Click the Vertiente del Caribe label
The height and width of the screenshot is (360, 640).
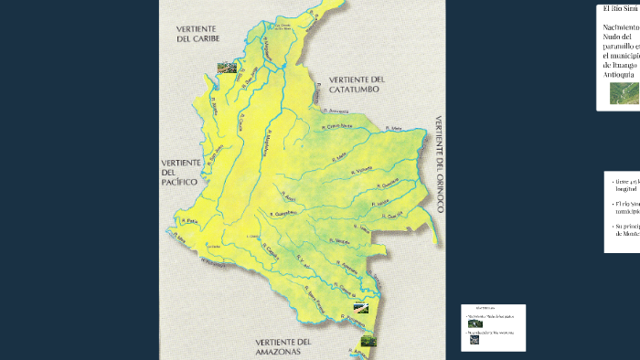(x=200, y=35)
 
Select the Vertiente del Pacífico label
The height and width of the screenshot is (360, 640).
(x=180, y=173)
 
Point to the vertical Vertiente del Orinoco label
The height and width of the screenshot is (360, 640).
(x=440, y=164)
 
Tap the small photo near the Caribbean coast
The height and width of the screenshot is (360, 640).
(x=225, y=68)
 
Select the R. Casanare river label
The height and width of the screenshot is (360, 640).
(x=339, y=128)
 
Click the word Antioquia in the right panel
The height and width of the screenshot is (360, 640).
(x=619, y=76)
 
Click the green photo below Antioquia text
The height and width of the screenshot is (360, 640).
(x=624, y=95)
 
